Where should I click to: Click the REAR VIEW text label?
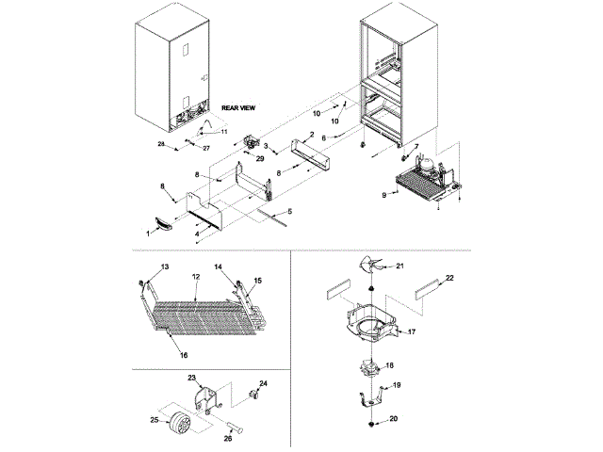pyautogui.click(x=239, y=108)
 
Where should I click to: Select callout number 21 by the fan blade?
pyautogui.click(x=399, y=267)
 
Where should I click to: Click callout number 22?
pyautogui.click(x=449, y=278)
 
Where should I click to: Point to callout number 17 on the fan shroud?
pyautogui.click(x=410, y=331)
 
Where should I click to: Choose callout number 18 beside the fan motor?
pyautogui.click(x=390, y=364)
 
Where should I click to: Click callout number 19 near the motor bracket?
pyautogui.click(x=397, y=385)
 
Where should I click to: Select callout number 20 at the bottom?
pyautogui.click(x=394, y=420)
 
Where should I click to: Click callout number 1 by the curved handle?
pyautogui.click(x=146, y=231)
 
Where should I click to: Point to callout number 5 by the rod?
pyautogui.click(x=290, y=212)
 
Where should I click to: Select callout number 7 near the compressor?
pyautogui.click(x=416, y=146)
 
